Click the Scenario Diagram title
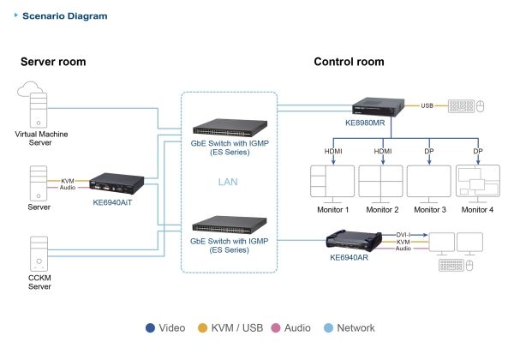[64, 15]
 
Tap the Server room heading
[53, 62]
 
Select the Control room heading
[349, 62]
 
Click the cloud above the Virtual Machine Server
[29, 89]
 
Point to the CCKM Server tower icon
[39, 254]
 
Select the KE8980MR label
[365, 123]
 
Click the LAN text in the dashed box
[228, 182]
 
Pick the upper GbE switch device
[230, 128]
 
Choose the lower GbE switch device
[230, 225]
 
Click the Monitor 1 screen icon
[332, 183]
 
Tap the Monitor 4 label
[477, 209]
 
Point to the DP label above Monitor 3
[429, 151]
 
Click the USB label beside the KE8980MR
[427, 105]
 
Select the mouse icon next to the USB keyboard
[480, 106]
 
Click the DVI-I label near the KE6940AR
[403, 235]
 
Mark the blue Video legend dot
[150, 328]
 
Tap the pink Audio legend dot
[276, 328]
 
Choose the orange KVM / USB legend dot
[202, 328]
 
